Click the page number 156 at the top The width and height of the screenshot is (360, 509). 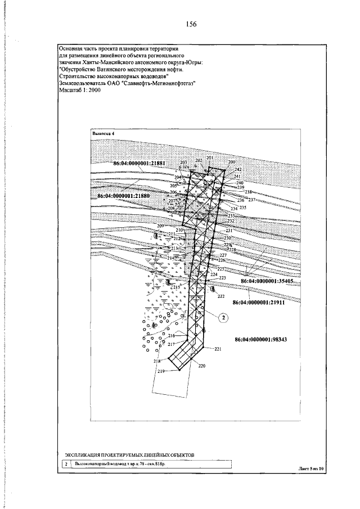click(x=191, y=24)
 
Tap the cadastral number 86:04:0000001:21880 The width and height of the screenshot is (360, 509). click(x=123, y=197)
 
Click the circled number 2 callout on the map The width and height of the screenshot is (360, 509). click(x=223, y=318)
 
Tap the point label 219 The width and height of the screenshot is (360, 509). click(x=161, y=372)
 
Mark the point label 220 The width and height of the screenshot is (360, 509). click(x=202, y=366)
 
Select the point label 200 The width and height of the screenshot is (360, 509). click(x=231, y=163)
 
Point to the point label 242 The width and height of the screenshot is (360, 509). click(x=238, y=169)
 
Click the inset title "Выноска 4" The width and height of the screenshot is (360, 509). click(x=103, y=133)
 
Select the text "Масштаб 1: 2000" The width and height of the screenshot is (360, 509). click(x=79, y=90)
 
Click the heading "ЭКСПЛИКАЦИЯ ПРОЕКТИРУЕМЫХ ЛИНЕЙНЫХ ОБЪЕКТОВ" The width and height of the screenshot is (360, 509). click(x=129, y=453)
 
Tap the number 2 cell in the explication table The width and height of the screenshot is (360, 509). click(x=66, y=465)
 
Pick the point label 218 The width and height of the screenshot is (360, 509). click(x=157, y=361)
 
